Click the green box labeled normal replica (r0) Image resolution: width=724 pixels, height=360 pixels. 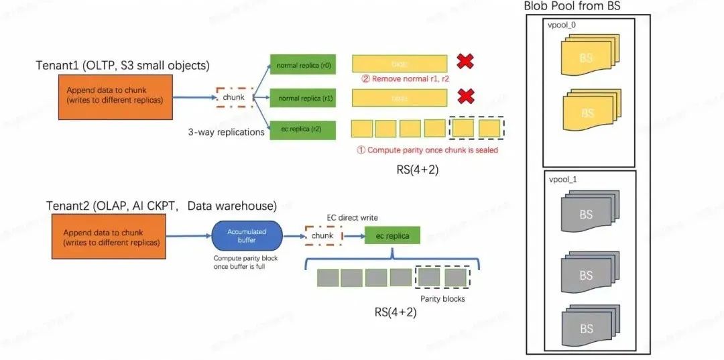tap(302, 66)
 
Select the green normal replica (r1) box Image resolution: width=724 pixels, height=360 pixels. tap(302, 98)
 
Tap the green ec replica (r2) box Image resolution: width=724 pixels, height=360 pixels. tap(302, 129)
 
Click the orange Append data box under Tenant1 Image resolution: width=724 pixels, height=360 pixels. tap(111, 96)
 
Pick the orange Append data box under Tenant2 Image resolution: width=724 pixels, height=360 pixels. tap(111, 237)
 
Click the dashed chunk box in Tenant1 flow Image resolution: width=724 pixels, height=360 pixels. tap(234, 98)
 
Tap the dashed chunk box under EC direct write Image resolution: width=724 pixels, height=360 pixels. tap(323, 236)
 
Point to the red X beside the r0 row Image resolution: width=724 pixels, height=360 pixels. tap(465, 62)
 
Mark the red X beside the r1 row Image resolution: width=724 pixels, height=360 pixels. tap(465, 98)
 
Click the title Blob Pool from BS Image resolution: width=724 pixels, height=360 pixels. tap(571, 7)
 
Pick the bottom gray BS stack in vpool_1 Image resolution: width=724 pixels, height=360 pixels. tap(586, 328)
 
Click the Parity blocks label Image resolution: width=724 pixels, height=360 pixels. tap(442, 298)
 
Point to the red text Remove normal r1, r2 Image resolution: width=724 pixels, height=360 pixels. tap(405, 79)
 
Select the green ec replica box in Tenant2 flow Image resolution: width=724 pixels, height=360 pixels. tap(392, 236)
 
